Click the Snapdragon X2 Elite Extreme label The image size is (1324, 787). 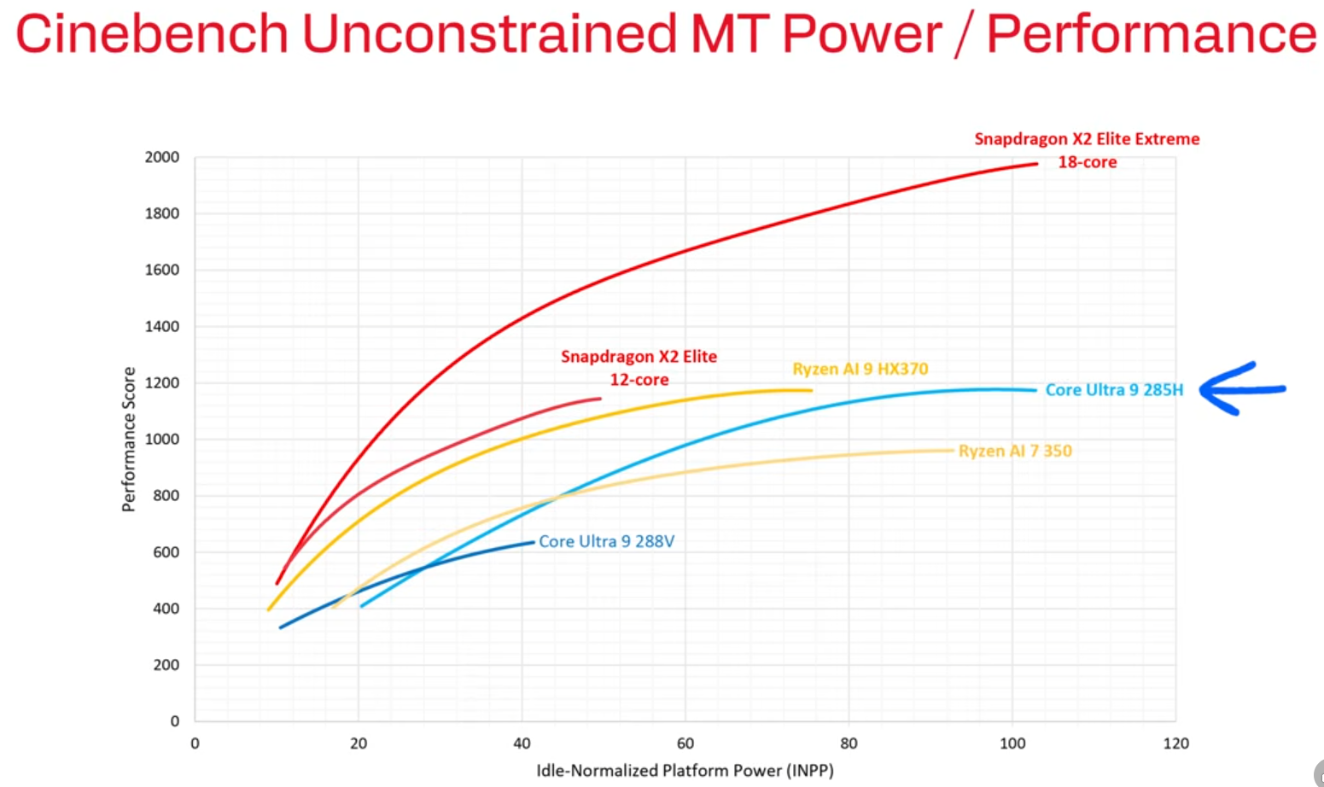1087,149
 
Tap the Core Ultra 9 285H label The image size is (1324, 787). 1114,390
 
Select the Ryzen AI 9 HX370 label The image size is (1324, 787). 860,369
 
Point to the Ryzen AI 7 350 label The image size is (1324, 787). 1015,451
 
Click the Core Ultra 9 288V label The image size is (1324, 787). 606,541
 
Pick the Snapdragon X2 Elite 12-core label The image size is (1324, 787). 639,368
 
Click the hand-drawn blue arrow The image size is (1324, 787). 1241,389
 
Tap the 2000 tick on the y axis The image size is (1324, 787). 162,157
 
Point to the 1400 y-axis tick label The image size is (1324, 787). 162,326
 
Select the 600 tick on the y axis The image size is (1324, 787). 166,552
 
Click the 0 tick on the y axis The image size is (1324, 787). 175,721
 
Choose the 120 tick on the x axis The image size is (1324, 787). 1175,743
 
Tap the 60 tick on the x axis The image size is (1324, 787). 685,743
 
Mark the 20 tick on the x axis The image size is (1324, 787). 359,743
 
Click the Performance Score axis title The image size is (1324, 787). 129,439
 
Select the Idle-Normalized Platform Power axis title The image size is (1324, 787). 685,771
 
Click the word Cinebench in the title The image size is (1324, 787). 152,34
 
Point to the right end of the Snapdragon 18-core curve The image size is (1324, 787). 1036,164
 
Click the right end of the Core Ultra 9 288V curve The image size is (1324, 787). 533,542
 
